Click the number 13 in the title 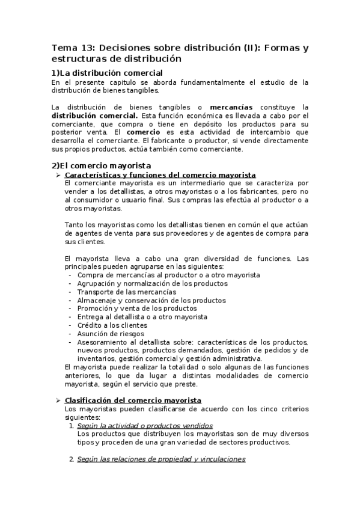pos(87,48)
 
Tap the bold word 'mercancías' pos(231,106)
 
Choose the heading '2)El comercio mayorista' pos(101,165)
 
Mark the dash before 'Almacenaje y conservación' pos(72,300)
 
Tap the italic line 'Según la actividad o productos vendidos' pos(138,425)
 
